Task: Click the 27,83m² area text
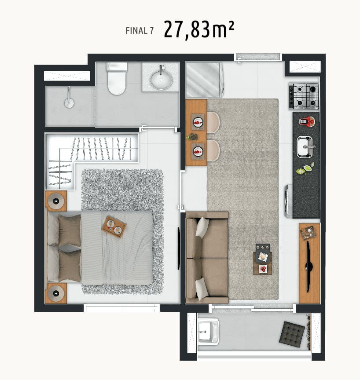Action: [199, 29]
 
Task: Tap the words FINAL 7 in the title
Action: [140, 31]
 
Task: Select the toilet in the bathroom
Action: [117, 79]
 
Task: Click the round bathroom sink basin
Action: [161, 79]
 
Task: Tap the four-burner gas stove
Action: [304, 96]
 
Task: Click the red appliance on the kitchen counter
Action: [307, 122]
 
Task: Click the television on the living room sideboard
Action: [309, 267]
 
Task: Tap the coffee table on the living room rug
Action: [263, 259]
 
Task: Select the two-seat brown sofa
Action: [207, 258]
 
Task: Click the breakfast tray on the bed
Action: [114, 227]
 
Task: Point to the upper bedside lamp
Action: [56, 201]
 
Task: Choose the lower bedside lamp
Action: [56, 293]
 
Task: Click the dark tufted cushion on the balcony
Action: [292, 332]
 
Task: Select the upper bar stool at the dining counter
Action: [213, 122]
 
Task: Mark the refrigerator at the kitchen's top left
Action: [204, 80]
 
